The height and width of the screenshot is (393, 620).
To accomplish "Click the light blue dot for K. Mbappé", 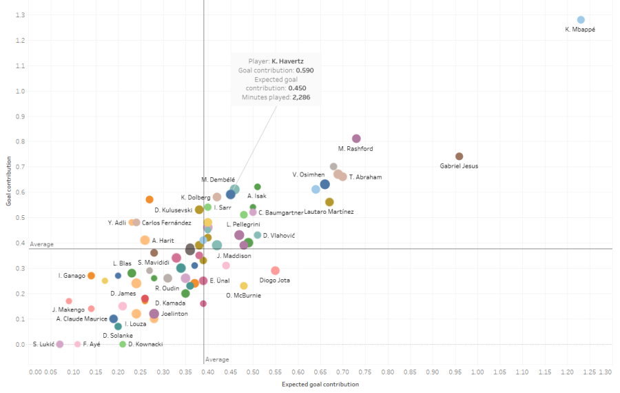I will coord(581,20).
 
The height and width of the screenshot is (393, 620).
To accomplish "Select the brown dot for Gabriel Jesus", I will coord(459,157).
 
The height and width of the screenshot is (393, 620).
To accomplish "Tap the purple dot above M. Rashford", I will coord(356,139).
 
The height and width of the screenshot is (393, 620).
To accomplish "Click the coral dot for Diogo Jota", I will coord(275,271).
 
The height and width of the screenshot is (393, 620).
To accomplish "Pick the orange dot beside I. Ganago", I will coord(91,276).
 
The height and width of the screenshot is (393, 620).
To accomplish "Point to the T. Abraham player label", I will coord(365,177).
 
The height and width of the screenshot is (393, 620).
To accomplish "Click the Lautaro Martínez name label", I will coord(329,212).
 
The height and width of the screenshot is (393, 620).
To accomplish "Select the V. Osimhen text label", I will coord(308,174).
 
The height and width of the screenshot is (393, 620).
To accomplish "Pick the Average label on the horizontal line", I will coord(41,244).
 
